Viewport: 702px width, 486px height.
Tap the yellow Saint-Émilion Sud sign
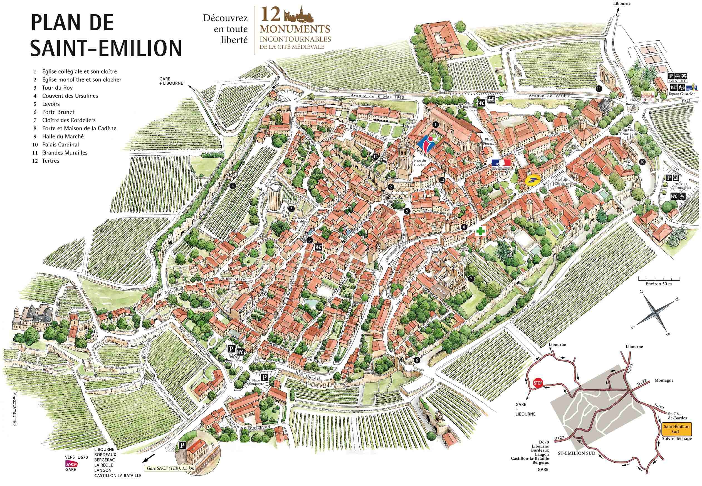point(676,428)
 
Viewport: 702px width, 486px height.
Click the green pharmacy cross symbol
point(480,231)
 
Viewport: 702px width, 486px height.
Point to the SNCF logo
point(72,464)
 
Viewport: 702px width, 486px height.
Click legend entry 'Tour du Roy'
point(58,88)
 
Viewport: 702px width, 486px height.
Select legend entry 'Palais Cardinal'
point(61,145)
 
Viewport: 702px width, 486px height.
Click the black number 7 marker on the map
point(471,278)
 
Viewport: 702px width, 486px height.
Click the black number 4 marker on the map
point(233,186)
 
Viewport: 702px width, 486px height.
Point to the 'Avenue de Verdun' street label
point(549,96)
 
